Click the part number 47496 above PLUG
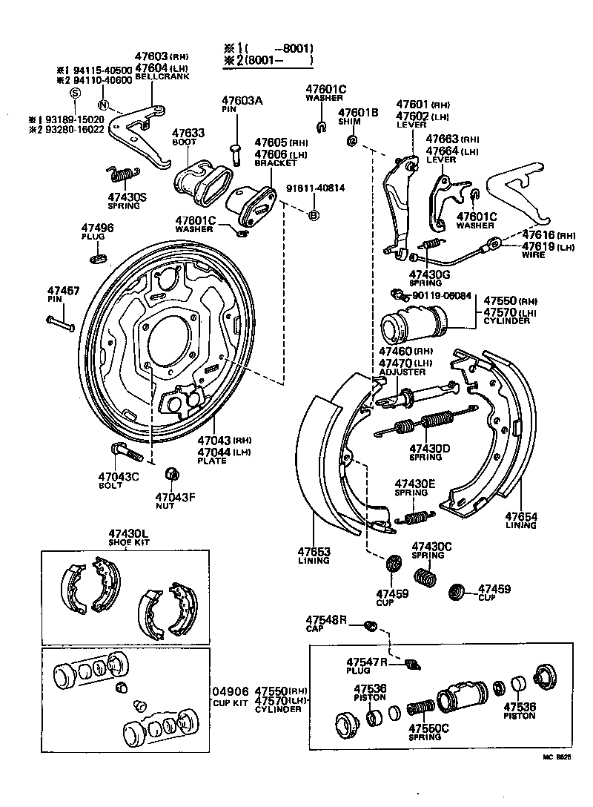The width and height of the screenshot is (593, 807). coord(98,228)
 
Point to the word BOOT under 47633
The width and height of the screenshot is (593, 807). coord(184,142)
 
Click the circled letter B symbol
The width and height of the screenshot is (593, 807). coord(314,215)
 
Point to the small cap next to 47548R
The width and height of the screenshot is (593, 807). coord(372,628)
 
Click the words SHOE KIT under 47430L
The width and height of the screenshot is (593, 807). coord(129,542)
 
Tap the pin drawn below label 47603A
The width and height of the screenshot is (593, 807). coord(236,153)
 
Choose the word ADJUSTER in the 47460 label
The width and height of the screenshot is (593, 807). coord(402,372)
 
